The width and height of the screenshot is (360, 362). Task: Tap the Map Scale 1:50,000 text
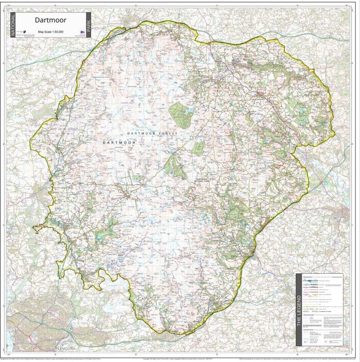tap(50, 32)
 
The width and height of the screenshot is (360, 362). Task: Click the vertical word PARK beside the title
tap(89, 25)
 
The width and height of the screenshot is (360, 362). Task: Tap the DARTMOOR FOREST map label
tap(153, 134)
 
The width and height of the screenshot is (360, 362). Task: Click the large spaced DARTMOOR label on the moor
tap(119, 142)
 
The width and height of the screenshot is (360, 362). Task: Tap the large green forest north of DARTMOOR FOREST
tap(180, 113)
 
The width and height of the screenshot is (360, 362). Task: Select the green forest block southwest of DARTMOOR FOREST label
tap(174, 166)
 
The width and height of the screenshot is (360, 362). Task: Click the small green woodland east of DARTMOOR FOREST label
tap(198, 148)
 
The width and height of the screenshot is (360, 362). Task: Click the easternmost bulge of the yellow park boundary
tap(334, 133)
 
